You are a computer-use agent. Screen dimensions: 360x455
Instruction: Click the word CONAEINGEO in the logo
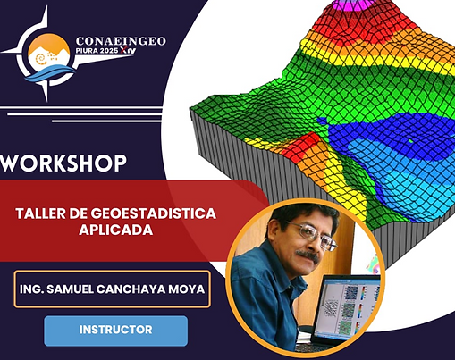pos(121,41)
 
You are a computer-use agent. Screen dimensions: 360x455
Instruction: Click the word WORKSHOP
pos(63,163)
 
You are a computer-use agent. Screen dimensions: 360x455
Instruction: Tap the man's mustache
pos(307,255)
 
